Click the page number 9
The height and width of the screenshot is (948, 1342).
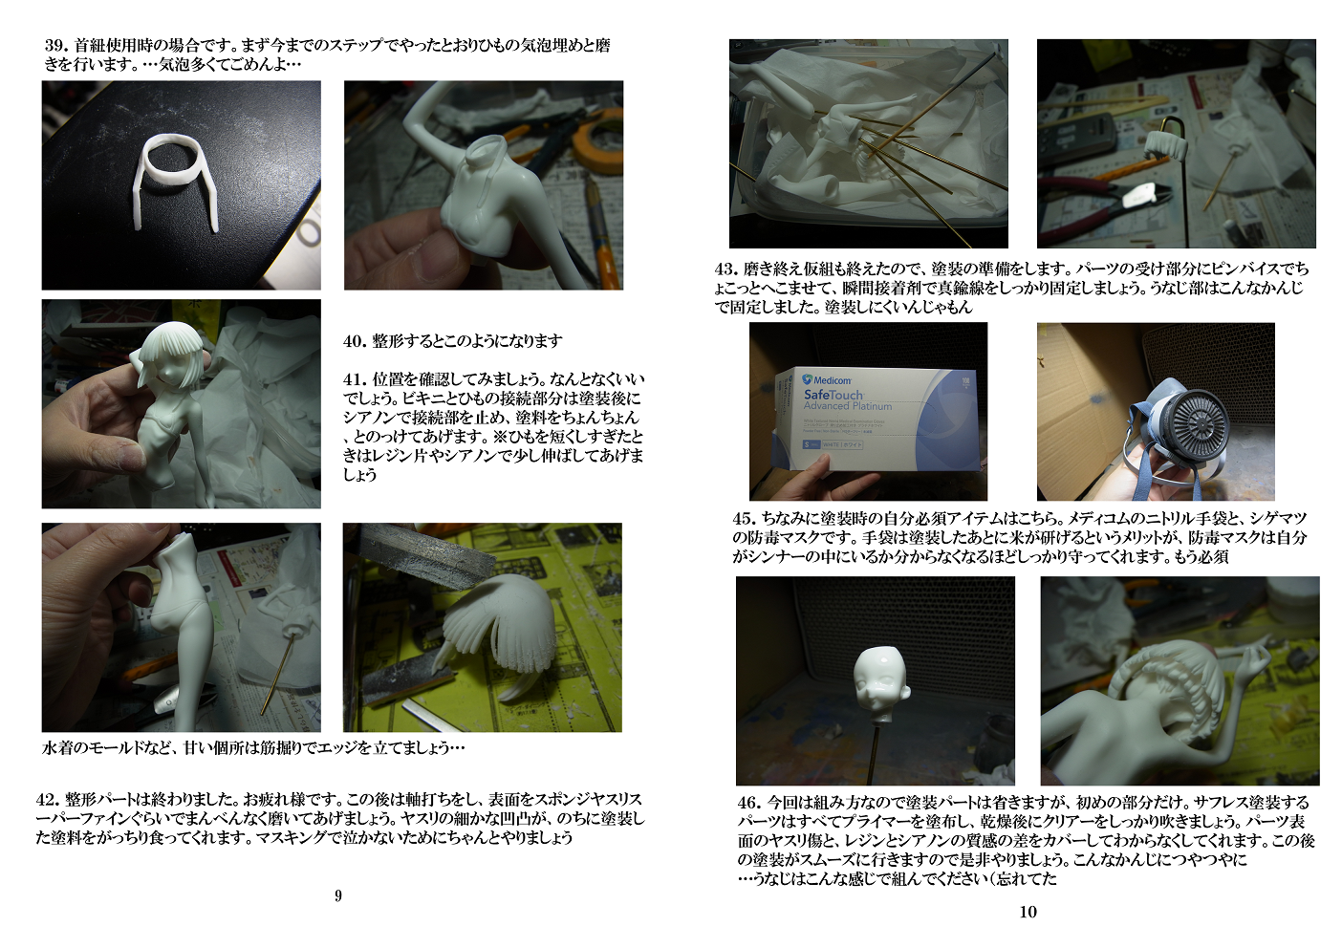tap(338, 895)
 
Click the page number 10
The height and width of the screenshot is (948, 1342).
tap(1028, 912)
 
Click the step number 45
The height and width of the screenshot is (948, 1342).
tap(743, 519)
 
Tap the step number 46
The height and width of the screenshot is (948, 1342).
tap(748, 803)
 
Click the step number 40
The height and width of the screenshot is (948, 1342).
tap(354, 341)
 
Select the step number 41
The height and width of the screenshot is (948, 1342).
tap(354, 379)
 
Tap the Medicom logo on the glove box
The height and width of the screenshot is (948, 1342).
tap(826, 379)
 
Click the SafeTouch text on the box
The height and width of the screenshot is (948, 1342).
tap(833, 395)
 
